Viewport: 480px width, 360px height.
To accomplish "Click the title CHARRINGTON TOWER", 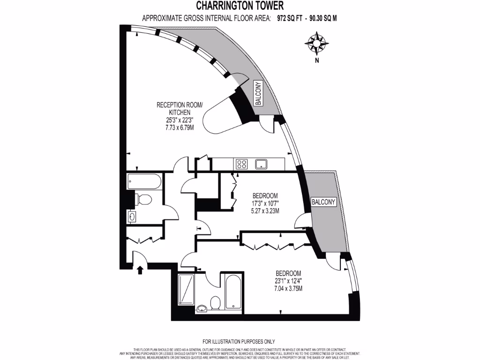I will [x=240, y=6].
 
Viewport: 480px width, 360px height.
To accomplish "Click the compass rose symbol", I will [x=316, y=43].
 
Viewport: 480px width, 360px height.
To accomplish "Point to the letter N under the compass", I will [x=317, y=60].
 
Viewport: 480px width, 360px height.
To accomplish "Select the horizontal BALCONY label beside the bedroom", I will [x=323, y=202].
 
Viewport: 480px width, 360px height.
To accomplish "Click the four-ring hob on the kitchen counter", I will [x=242, y=164].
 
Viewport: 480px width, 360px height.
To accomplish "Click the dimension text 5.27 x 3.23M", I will [x=265, y=211].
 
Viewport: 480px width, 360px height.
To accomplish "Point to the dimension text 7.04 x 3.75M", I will [x=288, y=288].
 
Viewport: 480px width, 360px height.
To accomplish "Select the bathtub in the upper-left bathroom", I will [x=144, y=181].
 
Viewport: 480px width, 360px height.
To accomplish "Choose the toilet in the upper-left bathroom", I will [x=143, y=200].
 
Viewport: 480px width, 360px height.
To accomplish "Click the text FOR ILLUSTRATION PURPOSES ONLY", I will [x=239, y=342].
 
